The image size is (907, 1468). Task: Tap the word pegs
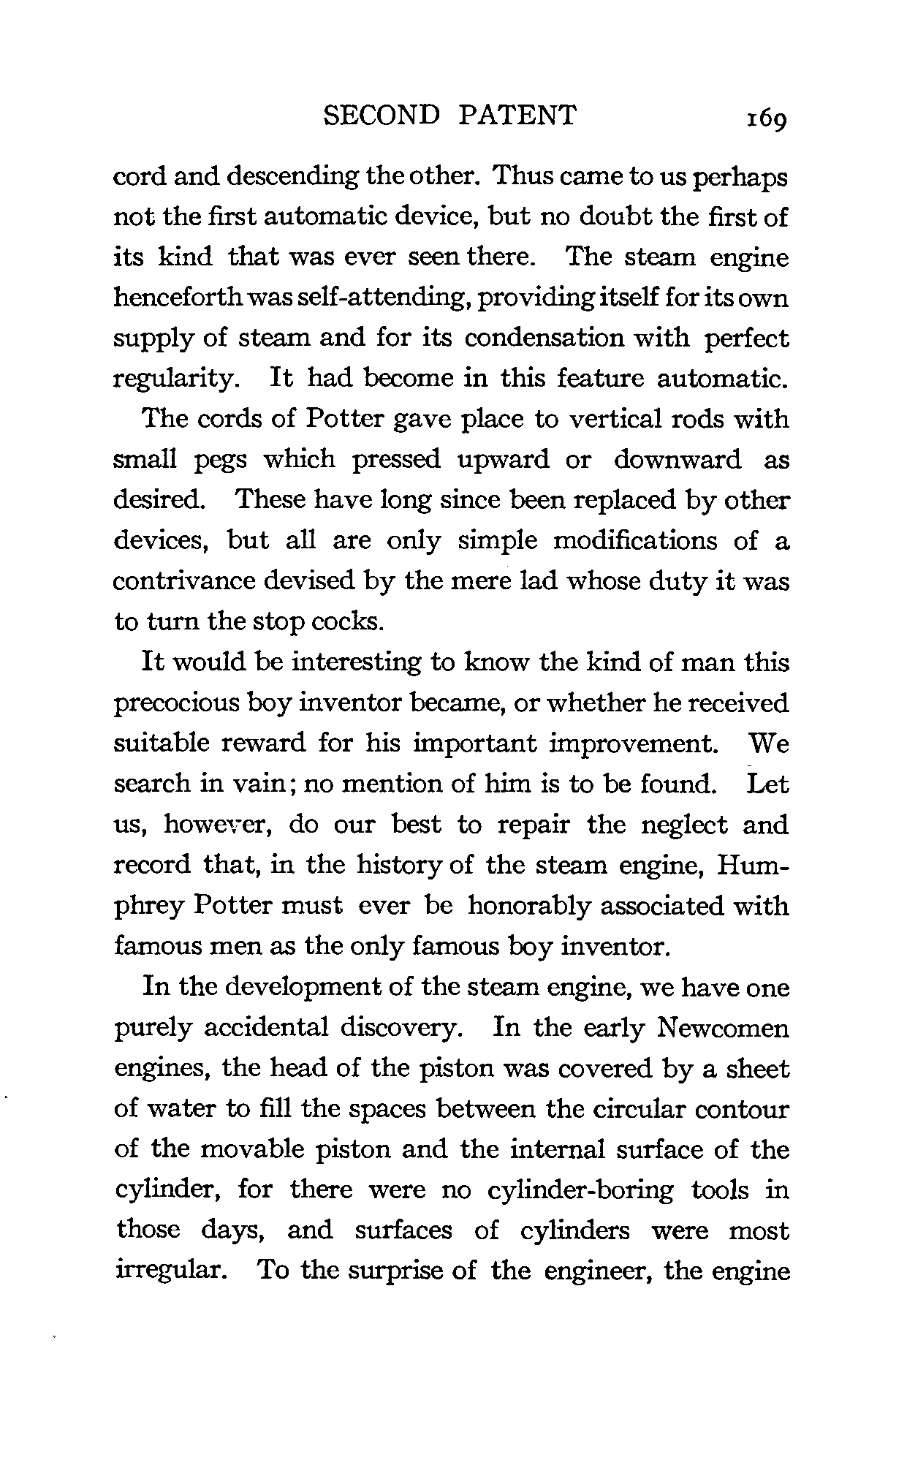click(222, 460)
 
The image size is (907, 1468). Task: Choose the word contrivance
click(185, 581)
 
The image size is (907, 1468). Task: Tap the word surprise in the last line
click(396, 1271)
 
